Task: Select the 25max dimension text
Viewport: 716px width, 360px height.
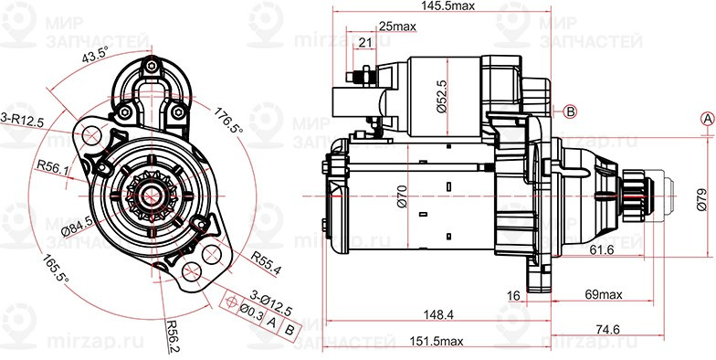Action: point(398,26)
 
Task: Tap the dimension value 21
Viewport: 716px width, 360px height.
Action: point(365,43)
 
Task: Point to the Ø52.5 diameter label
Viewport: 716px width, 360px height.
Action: point(440,96)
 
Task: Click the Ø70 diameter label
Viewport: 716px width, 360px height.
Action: point(402,196)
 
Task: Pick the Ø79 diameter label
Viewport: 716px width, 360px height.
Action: point(701,199)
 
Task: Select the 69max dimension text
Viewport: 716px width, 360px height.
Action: point(603,294)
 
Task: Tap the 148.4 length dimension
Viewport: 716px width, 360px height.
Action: point(434,314)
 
